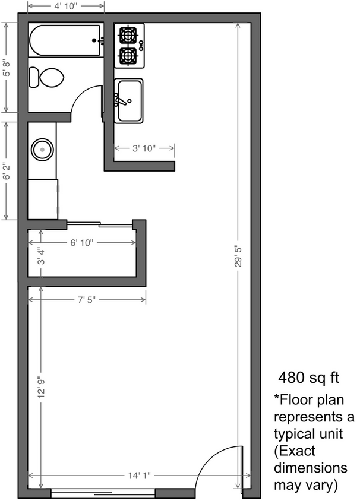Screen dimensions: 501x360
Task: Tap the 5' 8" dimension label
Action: pos(7,66)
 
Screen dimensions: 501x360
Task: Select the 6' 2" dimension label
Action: pos(7,170)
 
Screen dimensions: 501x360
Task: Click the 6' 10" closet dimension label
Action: pos(82,243)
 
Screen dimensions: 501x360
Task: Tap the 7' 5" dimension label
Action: pos(86,301)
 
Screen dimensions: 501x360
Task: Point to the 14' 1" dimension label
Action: pos(138,475)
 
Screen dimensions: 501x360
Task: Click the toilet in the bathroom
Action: pos(47,77)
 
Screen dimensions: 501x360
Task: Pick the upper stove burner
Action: pos(129,35)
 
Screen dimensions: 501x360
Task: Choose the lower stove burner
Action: pos(129,56)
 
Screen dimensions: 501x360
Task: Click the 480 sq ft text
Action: pos(304,378)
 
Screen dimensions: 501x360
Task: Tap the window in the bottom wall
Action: pos(104,493)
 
